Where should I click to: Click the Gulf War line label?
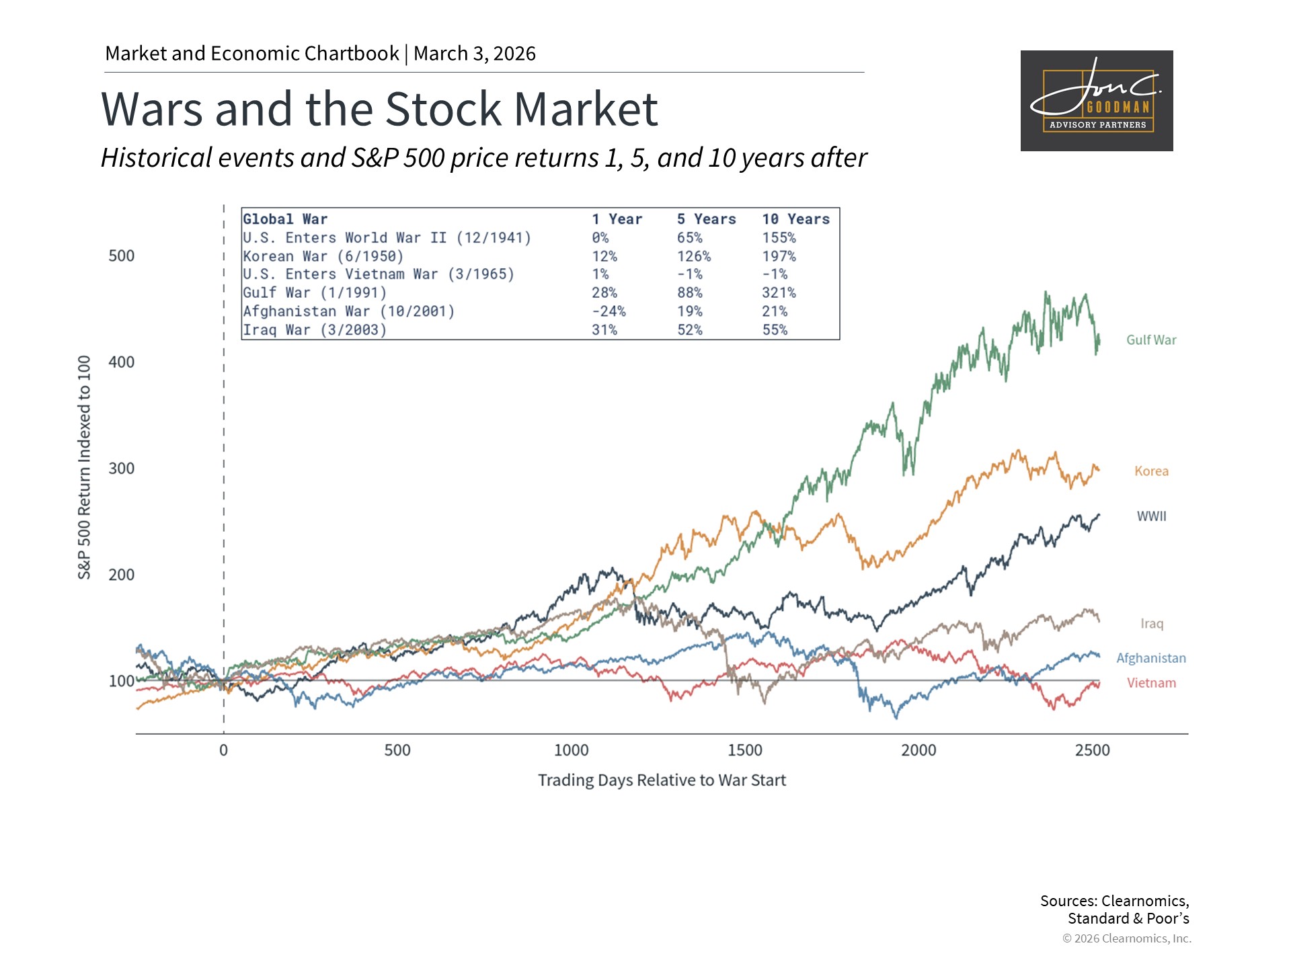click(1151, 340)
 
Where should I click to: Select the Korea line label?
click(1151, 471)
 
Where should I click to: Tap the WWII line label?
click(1151, 516)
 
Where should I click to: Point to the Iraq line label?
click(1152, 624)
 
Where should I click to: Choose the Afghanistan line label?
click(1151, 658)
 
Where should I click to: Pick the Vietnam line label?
click(1151, 683)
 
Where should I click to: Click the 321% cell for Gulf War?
click(779, 293)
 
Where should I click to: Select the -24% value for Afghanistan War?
click(609, 311)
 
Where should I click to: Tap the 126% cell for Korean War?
click(694, 256)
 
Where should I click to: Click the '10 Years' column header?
click(796, 219)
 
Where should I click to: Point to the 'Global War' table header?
click(285, 219)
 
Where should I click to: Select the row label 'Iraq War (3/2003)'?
click(315, 330)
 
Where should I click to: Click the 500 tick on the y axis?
click(122, 256)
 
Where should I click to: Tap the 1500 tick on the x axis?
click(745, 750)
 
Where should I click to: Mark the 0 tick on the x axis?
click(224, 750)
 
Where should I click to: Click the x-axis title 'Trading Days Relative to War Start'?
click(662, 780)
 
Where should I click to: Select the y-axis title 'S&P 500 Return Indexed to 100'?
click(84, 467)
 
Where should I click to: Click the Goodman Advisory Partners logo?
click(1097, 101)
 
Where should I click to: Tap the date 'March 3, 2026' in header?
click(475, 54)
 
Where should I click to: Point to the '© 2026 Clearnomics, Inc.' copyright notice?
click(1127, 938)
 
